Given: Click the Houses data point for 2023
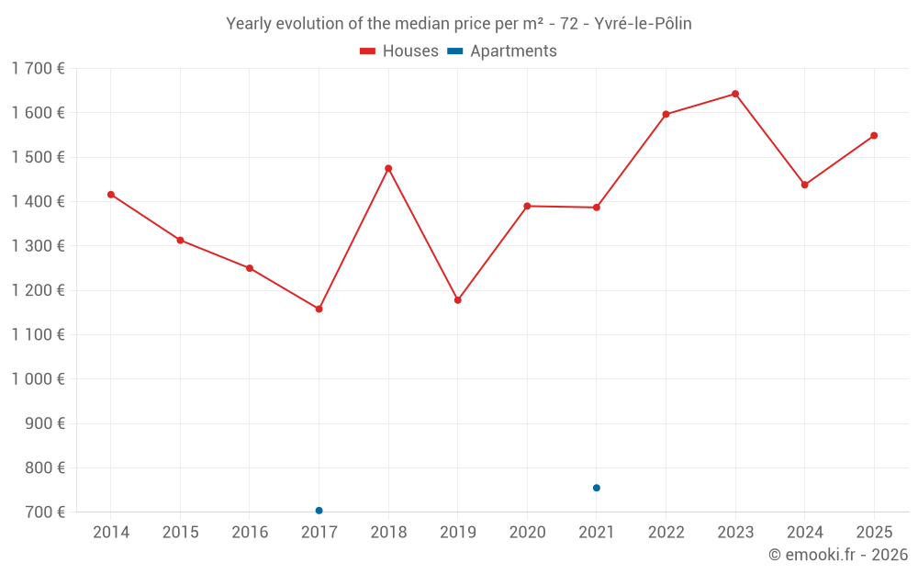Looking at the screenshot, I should point(735,94).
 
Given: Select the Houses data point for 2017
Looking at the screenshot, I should point(319,309).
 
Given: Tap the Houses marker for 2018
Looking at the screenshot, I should point(388,168).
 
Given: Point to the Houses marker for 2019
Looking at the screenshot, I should point(458,300).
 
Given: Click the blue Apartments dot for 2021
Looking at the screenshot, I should point(597,488).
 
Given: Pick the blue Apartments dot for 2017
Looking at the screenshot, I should point(319,511).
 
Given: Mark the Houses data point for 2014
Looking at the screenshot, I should point(111,195).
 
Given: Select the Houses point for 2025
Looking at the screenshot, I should point(874,136).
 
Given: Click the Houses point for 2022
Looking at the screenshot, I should point(666,115).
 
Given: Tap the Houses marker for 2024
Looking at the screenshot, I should point(804,185).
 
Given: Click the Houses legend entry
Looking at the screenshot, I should point(399,51).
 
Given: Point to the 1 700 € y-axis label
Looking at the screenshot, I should point(39,69).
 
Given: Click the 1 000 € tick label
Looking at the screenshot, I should point(39,379).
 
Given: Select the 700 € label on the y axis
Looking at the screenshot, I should point(46,512).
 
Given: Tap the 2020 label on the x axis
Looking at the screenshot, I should point(527,533).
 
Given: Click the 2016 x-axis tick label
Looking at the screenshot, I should point(250,533).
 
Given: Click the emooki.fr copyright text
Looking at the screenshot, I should point(837,555).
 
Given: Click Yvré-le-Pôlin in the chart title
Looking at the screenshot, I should point(643,24).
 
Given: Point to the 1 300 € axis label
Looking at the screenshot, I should point(39,246).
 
